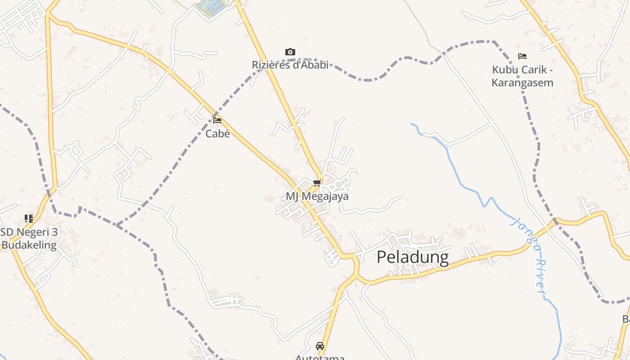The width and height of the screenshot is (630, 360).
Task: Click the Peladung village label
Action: (413, 257)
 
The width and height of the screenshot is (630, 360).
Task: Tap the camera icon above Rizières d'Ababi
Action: (290, 52)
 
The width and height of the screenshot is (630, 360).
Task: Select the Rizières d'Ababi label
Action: (290, 65)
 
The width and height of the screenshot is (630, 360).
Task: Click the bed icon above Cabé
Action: (217, 121)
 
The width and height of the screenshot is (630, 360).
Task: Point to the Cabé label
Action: (217, 134)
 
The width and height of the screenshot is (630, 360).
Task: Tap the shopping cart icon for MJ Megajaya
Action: (317, 183)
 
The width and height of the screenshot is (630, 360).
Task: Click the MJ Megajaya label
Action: (317, 197)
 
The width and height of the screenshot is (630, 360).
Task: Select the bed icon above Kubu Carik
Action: (522, 57)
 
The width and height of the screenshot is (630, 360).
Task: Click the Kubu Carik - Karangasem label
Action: (522, 76)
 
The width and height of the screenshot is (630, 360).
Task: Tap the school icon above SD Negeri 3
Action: (29, 219)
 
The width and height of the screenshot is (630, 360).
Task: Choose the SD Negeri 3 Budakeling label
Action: (29, 238)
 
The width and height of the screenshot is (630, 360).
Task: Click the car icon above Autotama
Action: (320, 346)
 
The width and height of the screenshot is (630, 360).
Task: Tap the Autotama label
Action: (320, 357)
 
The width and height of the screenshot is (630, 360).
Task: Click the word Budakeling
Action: (29, 245)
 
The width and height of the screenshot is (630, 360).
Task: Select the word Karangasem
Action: (522, 83)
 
